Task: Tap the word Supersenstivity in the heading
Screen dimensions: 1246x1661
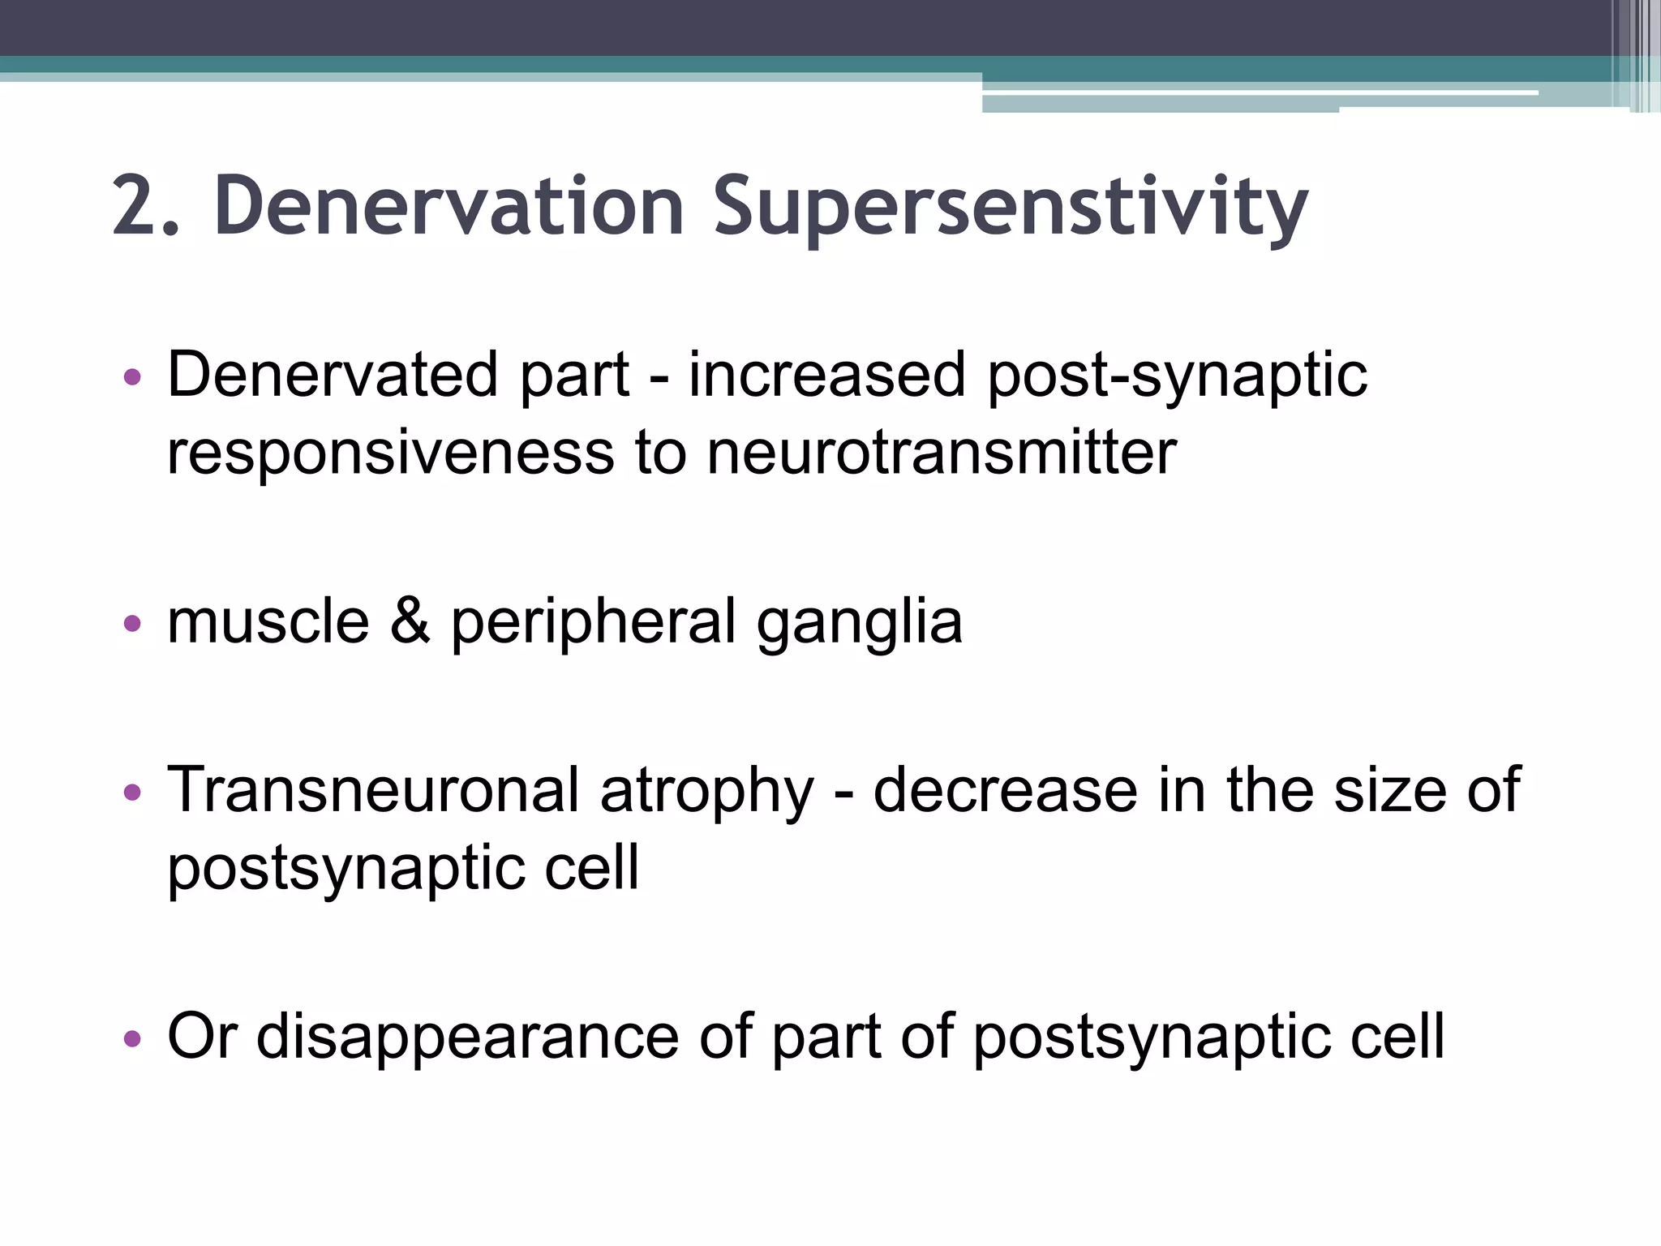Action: tap(1010, 208)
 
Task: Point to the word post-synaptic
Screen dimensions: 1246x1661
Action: tap(1177, 377)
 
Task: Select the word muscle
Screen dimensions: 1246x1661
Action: tap(268, 621)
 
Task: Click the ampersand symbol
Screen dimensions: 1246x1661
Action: tap(410, 621)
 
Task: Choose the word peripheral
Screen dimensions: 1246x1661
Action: tap(593, 623)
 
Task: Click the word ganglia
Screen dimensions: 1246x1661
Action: tap(859, 623)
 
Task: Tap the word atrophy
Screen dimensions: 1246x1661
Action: tap(706, 792)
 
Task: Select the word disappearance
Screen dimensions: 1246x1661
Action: tap(467, 1038)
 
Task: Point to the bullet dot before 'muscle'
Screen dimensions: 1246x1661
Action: tap(132, 623)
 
